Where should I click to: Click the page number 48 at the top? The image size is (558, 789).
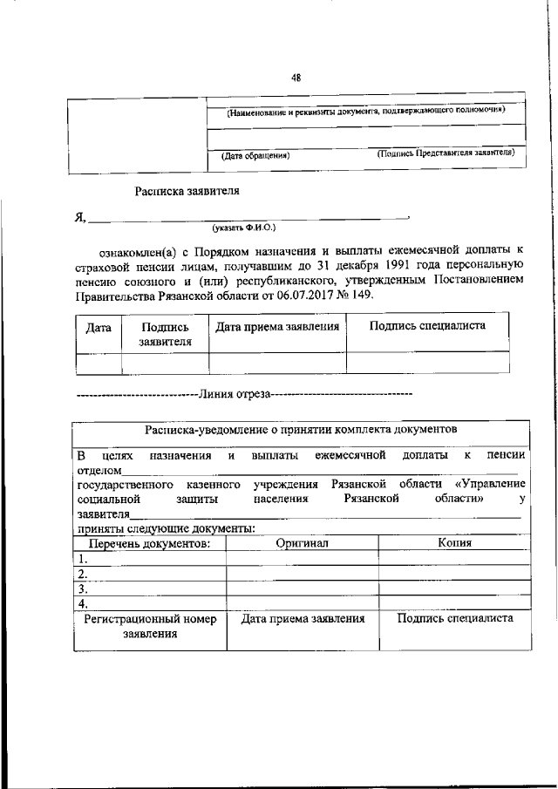point(296,78)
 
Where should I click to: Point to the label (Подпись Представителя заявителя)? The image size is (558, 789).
point(446,153)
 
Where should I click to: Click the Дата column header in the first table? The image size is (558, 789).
point(98,328)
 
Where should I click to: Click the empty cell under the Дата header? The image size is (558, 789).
point(98,363)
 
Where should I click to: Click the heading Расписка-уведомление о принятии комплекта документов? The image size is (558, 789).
point(301,431)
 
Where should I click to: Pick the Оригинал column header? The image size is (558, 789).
point(302,543)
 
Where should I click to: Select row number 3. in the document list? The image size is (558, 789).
point(83,588)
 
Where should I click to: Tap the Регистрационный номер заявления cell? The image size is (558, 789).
point(149,626)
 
